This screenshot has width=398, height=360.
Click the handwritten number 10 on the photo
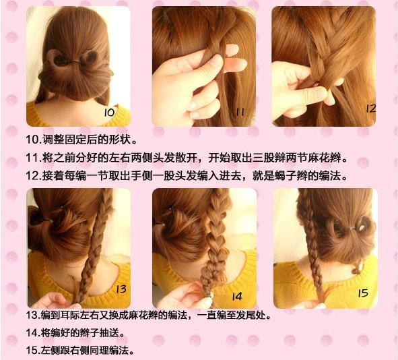pyautogui.click(x=110, y=113)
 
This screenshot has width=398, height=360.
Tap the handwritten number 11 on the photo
pyautogui.click(x=240, y=112)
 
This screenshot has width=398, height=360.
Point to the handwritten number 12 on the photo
pyautogui.click(x=370, y=109)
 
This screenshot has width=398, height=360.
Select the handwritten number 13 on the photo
pyautogui.click(x=121, y=289)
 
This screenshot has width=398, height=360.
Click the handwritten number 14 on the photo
pyautogui.click(x=237, y=297)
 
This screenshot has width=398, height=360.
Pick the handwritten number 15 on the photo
pyautogui.click(x=363, y=293)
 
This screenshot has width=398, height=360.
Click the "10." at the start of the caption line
pyautogui.click(x=34, y=140)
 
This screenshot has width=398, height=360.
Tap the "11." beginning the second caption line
pyautogui.click(x=34, y=158)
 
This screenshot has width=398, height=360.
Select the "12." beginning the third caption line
pyautogui.click(x=34, y=175)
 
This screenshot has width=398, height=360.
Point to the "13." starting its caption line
pyautogui.click(x=33, y=316)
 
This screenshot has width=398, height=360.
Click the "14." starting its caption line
pyautogui.click(x=33, y=333)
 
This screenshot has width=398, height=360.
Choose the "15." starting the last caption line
pyautogui.click(x=33, y=351)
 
